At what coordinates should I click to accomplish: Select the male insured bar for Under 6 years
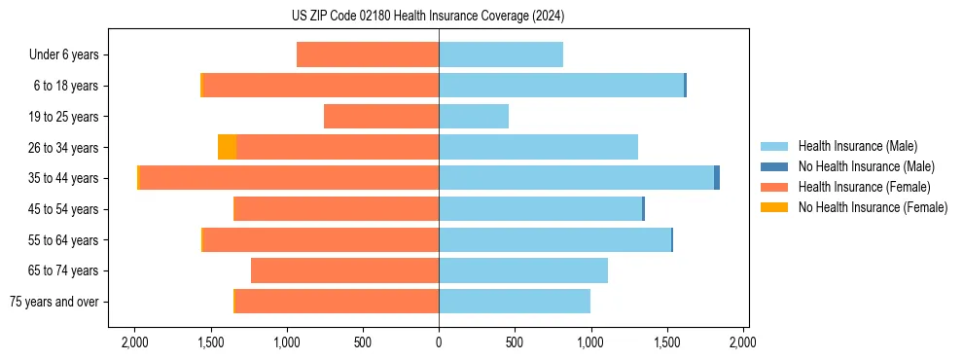pos(501,55)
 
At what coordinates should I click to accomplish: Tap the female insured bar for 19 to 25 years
pos(381,117)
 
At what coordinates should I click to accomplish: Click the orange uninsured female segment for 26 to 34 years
pos(227,148)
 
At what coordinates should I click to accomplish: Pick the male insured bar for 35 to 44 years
pos(576,178)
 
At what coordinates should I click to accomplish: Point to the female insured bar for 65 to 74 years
pos(344,270)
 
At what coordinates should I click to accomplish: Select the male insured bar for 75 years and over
pos(515,302)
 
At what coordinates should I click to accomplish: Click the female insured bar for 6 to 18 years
pos(321,86)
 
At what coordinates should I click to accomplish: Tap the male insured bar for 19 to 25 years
pos(474,117)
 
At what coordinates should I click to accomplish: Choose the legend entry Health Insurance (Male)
pos(856,146)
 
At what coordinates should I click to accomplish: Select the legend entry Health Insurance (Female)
pos(864,187)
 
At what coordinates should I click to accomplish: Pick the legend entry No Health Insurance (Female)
pos(873,207)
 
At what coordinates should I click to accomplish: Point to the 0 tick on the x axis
pos(439,342)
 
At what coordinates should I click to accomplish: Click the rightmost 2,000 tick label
pos(743,342)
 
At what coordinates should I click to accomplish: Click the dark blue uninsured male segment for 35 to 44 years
pos(717,178)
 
